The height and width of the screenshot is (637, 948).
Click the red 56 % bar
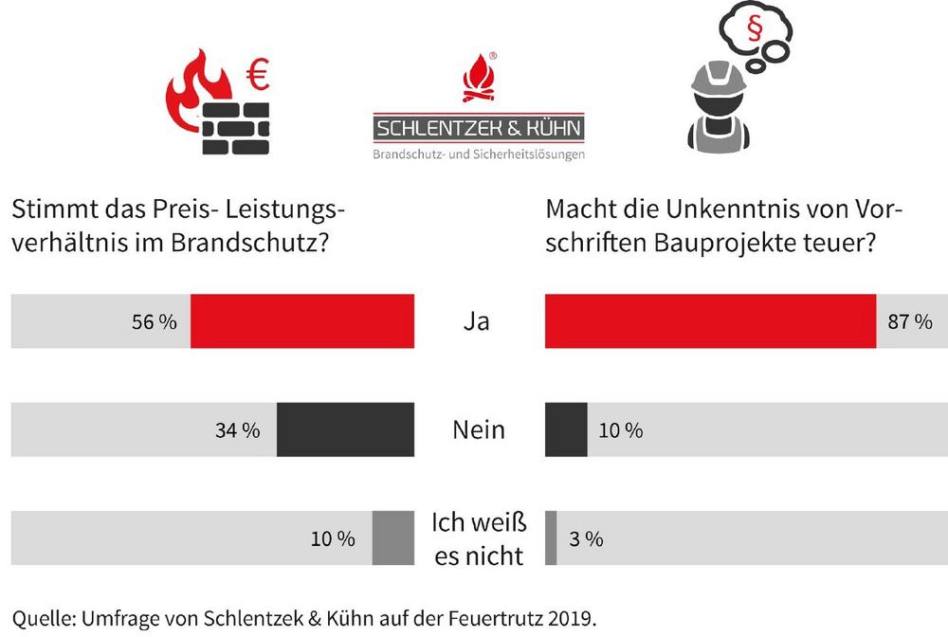(x=302, y=321)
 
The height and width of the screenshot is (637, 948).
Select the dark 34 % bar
(x=345, y=430)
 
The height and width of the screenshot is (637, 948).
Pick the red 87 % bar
(x=710, y=321)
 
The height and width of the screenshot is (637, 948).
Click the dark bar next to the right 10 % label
(x=566, y=430)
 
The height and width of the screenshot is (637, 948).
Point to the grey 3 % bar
(x=551, y=538)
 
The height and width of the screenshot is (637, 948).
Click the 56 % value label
(x=155, y=322)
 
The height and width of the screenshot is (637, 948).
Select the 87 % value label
(x=910, y=322)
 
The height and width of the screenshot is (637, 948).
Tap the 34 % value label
(x=237, y=431)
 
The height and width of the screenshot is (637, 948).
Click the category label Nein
(x=478, y=430)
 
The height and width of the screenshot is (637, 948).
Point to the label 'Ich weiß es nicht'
(x=479, y=538)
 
